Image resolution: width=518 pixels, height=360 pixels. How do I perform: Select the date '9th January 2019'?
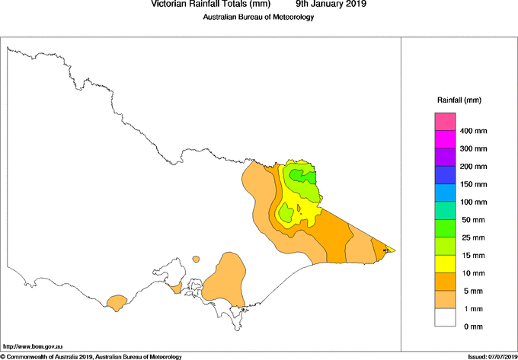331,5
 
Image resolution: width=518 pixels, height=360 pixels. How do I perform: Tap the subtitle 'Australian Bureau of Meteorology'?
258,18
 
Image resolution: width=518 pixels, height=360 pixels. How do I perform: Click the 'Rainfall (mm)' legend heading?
459,100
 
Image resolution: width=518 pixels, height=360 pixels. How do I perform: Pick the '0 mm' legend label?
472,327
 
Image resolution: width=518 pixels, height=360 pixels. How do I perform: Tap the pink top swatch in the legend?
445,122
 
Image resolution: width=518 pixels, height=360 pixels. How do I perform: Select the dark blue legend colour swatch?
445,175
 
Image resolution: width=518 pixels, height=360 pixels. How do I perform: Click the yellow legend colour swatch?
445,264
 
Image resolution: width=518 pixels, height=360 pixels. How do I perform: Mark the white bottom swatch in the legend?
445,317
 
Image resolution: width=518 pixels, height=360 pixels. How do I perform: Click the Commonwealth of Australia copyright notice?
91,356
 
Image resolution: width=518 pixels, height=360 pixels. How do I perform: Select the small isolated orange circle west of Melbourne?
196,259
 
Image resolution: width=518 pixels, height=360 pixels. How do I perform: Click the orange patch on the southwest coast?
117,303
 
